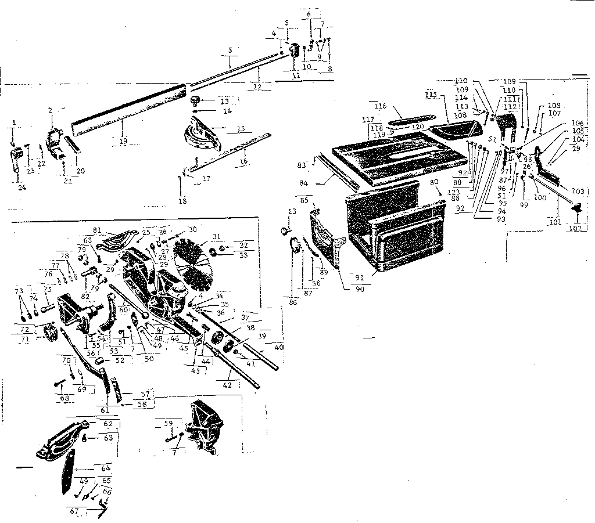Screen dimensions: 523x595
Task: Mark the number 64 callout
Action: (x=106, y=468)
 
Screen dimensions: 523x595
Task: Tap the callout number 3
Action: (x=230, y=50)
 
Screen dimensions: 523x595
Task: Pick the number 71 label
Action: (x=26, y=339)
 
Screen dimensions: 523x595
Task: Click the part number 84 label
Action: (x=320, y=183)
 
